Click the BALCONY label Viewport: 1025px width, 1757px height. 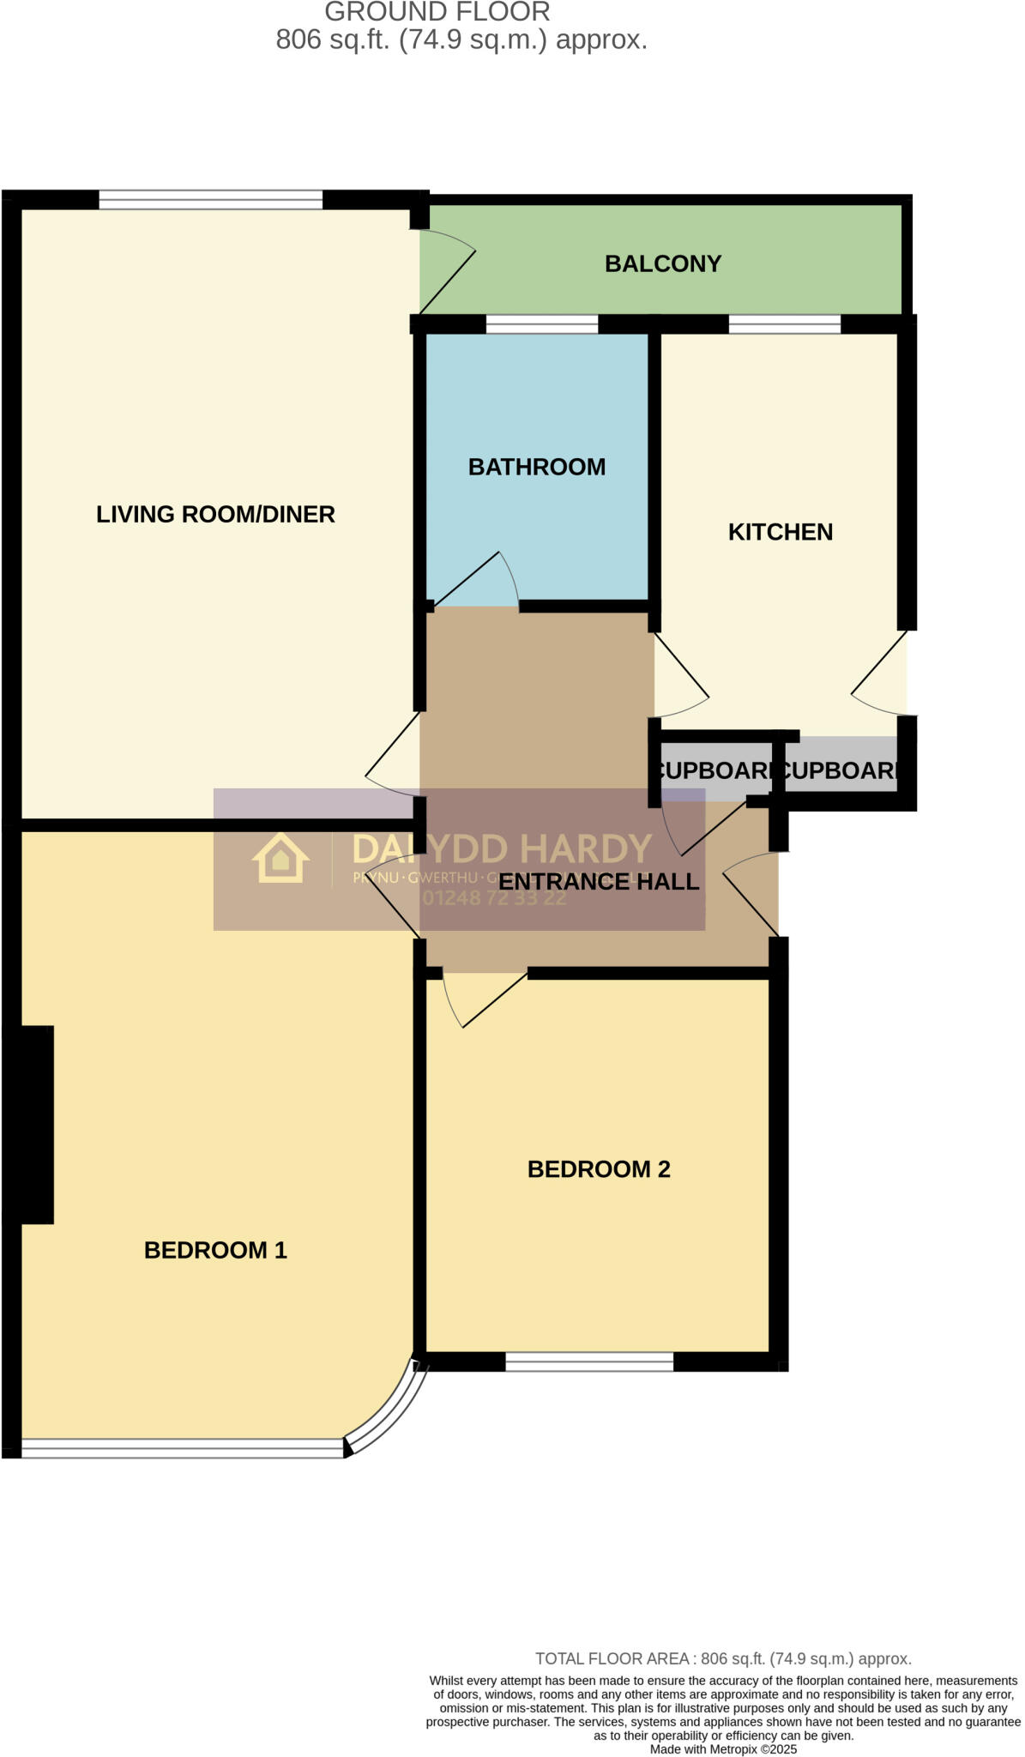point(663,263)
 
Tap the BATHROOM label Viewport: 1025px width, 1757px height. point(537,467)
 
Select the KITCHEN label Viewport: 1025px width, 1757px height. point(781,532)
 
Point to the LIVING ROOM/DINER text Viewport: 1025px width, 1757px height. point(215,514)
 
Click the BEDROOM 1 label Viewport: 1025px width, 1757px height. point(215,1250)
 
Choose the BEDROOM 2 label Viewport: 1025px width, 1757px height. point(599,1169)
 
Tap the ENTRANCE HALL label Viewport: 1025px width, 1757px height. point(599,882)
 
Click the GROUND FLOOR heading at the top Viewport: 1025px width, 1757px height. point(437,12)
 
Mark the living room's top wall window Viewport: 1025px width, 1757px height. point(210,201)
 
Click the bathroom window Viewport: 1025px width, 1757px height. point(541,324)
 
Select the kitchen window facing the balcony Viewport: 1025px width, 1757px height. point(784,324)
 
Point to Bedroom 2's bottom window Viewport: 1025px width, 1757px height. point(589,1361)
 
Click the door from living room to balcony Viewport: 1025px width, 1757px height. point(447,279)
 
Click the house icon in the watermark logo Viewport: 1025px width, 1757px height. point(280,859)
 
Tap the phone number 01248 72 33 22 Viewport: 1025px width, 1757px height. point(494,898)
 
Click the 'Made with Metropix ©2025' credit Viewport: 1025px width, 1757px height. point(723,1749)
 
